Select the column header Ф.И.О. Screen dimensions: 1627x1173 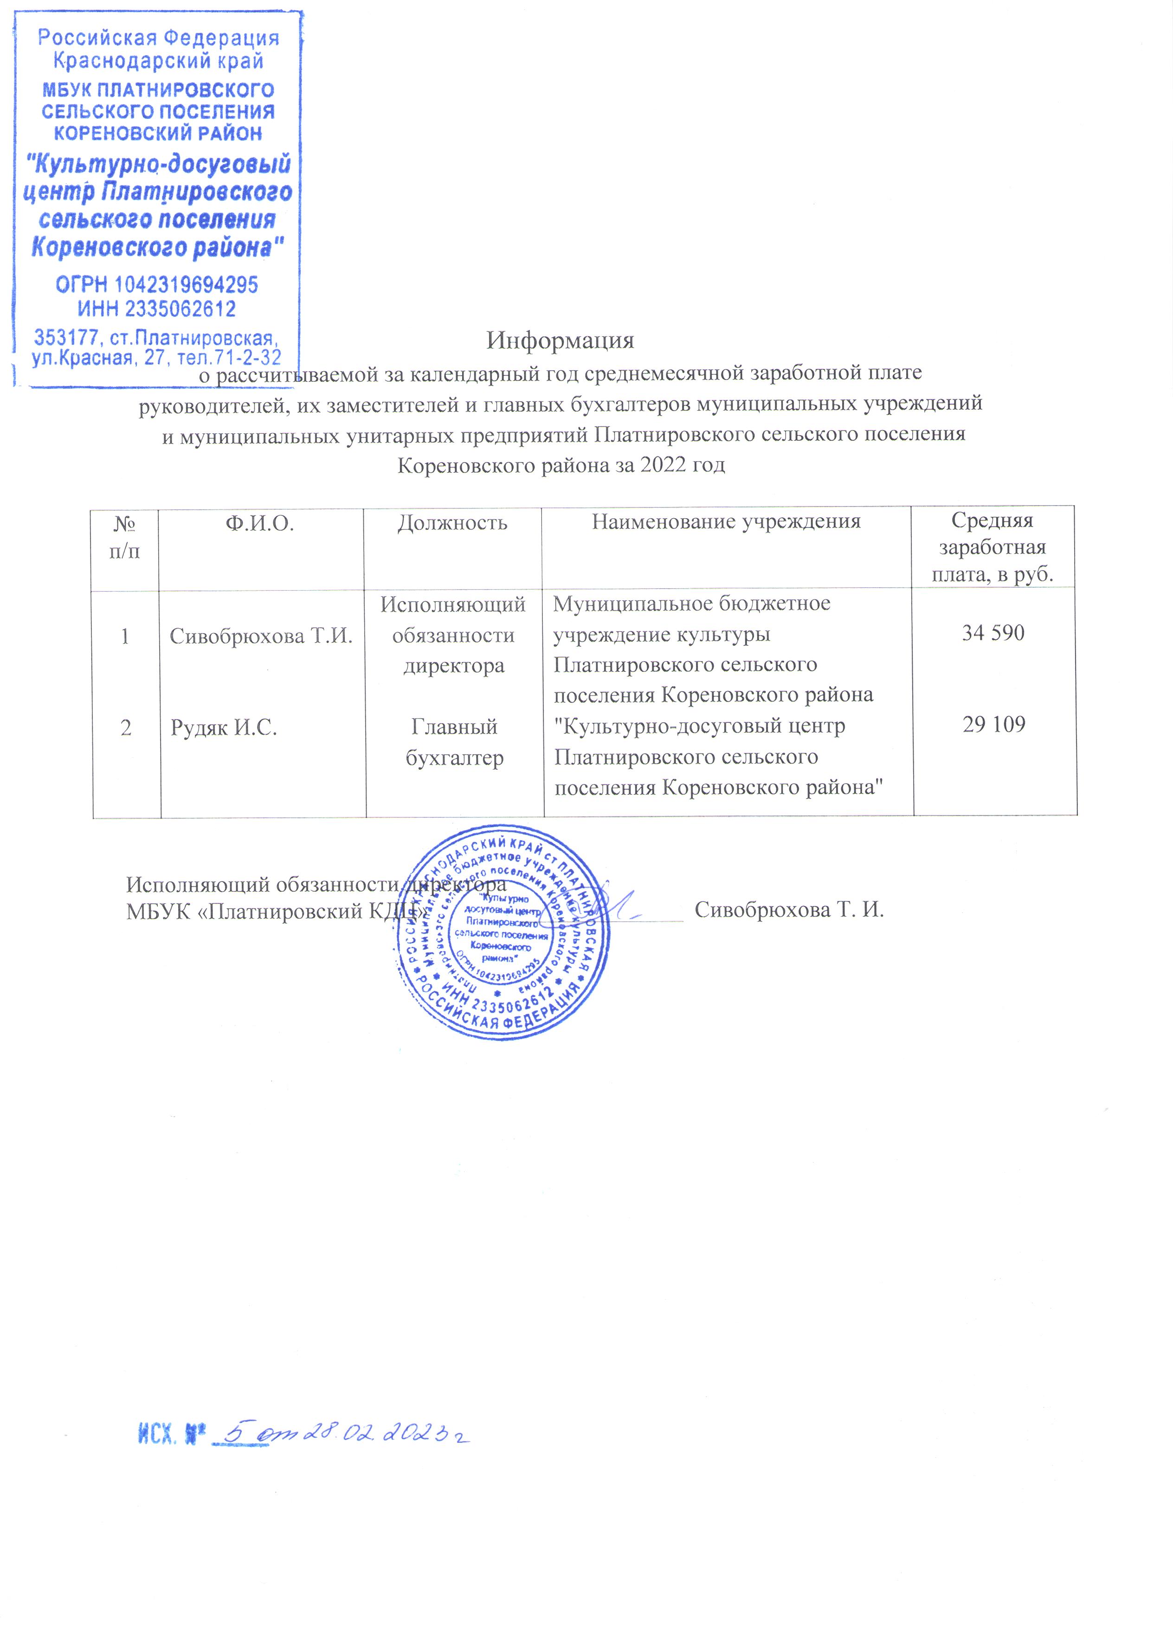point(260,523)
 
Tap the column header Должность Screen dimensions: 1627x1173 point(453,523)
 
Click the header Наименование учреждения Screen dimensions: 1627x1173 point(726,521)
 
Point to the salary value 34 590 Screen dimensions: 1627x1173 point(993,633)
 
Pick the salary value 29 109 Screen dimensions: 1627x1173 point(993,725)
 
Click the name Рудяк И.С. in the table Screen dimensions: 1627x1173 point(223,728)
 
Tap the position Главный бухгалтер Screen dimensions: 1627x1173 point(454,742)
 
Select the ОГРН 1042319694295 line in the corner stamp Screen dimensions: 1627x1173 point(157,285)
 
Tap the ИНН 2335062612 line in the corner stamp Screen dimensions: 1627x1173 point(157,309)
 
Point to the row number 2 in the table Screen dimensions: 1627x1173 point(126,728)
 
